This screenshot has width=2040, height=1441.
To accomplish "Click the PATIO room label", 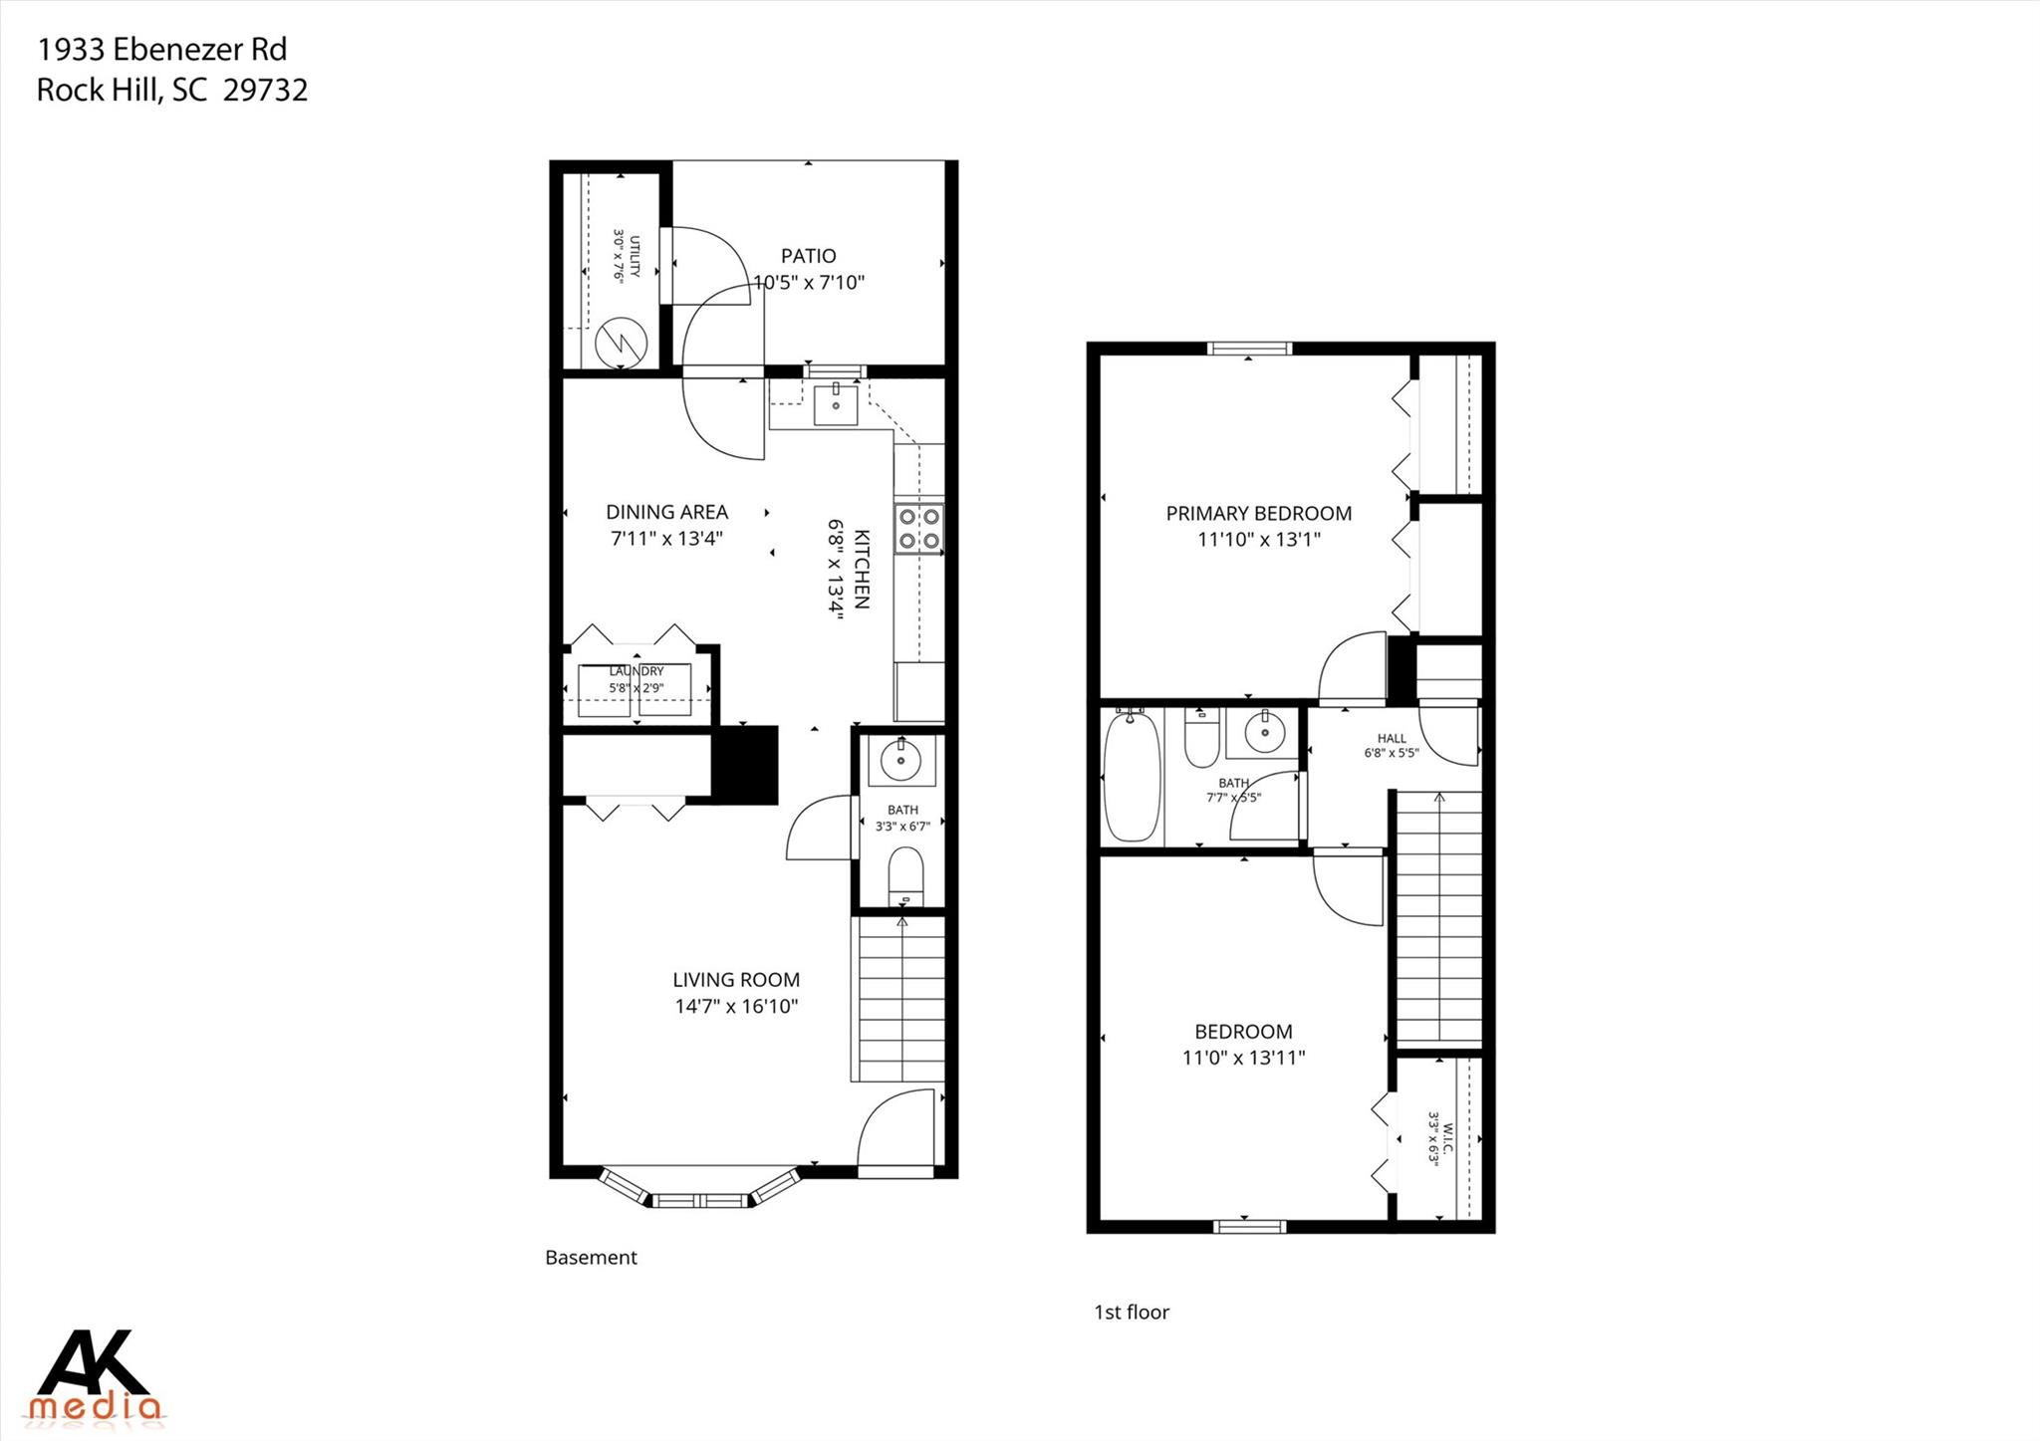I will [808, 256].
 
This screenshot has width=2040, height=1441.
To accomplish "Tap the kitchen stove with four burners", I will [918, 528].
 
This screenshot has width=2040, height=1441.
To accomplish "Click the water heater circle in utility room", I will [622, 344].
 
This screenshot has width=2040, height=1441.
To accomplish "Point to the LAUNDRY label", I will [637, 671].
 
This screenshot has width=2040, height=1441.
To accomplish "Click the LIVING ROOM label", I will [736, 980].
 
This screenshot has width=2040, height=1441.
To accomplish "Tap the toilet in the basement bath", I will [905, 872].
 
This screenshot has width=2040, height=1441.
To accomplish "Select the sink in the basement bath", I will [901, 762].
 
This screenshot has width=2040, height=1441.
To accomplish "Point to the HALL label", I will [1392, 738].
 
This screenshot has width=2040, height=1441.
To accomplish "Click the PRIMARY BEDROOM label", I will [1258, 514].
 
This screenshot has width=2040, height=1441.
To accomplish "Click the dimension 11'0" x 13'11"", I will [1243, 1058].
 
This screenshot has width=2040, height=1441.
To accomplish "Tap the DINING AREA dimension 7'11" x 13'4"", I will [666, 539].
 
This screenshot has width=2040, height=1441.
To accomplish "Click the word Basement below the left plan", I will [591, 1258].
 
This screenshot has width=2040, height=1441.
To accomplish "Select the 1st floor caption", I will [1132, 1313].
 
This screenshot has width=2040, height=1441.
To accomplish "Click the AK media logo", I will [95, 1374].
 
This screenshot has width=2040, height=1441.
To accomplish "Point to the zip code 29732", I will [265, 91].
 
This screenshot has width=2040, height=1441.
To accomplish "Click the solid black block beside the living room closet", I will [745, 765].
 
